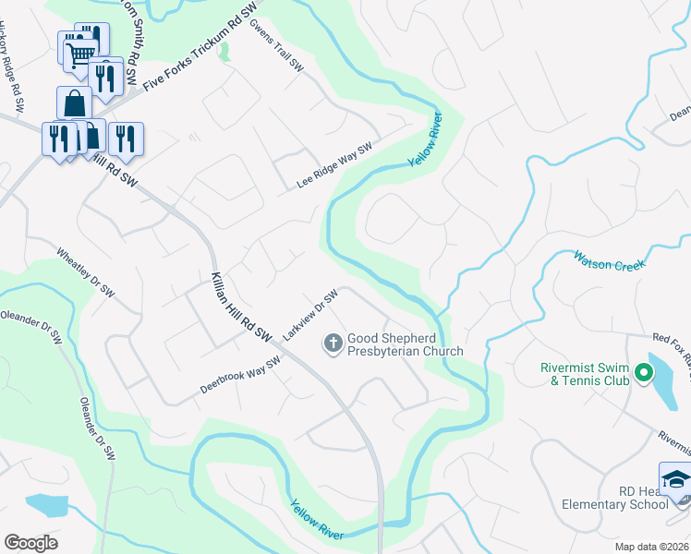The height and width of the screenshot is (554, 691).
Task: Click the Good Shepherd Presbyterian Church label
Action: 404,344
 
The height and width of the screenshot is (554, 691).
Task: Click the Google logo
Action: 31,542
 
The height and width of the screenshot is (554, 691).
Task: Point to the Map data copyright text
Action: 652,547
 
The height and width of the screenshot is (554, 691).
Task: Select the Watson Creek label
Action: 608,260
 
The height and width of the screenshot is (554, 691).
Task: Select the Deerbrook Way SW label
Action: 239,376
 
